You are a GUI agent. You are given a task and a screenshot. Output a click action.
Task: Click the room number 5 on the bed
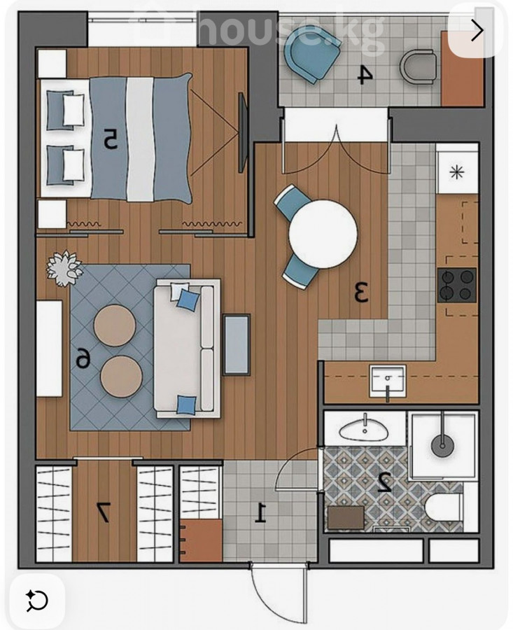pyautogui.click(x=111, y=139)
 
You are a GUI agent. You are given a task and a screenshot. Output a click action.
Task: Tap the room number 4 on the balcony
pyautogui.click(x=365, y=76)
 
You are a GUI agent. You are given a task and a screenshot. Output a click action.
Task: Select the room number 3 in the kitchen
pyautogui.click(x=361, y=292)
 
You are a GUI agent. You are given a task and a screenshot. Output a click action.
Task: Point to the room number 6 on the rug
pyautogui.click(x=83, y=358)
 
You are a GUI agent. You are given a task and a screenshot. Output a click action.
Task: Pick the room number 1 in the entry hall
pyautogui.click(x=261, y=512)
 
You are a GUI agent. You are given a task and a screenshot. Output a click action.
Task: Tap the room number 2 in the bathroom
pyautogui.click(x=384, y=482)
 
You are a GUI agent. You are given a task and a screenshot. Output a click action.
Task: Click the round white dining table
pyautogui.click(x=323, y=234)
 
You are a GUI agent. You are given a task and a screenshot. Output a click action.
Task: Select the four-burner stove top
pyautogui.click(x=457, y=286)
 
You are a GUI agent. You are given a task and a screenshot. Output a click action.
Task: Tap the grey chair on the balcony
pyautogui.click(x=418, y=67)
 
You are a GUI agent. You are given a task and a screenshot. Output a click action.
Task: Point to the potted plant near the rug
pyautogui.click(x=64, y=268)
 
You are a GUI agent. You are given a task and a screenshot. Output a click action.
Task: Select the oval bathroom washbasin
pyautogui.click(x=365, y=430)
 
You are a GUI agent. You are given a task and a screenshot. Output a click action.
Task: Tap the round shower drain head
pyautogui.click(x=443, y=445)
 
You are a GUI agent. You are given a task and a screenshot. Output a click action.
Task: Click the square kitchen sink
pyautogui.click(x=388, y=380)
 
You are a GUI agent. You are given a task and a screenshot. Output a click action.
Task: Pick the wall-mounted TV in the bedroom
pyautogui.click(x=242, y=132)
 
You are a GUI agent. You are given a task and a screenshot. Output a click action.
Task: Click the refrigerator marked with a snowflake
pyautogui.click(x=457, y=173)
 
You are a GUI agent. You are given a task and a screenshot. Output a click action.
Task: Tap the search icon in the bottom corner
pyautogui.click(x=37, y=601)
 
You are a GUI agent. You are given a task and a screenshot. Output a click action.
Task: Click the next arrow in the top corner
pyautogui.click(x=477, y=30)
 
